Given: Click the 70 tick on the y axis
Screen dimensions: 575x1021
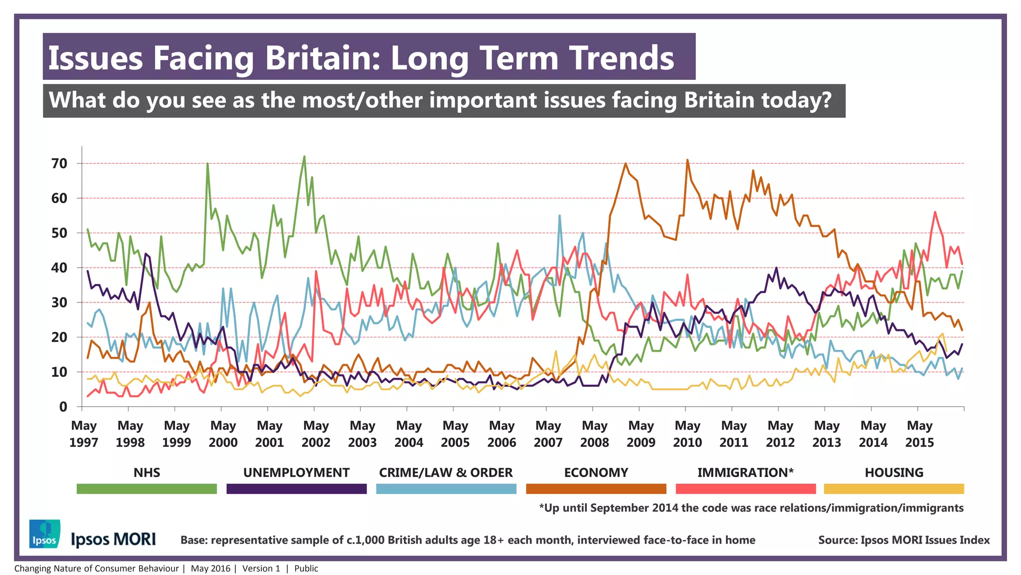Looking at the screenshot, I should coord(59,164).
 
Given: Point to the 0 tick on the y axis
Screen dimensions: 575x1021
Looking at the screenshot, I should coord(63,407).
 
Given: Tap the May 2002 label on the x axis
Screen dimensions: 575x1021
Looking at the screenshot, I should coord(316,434).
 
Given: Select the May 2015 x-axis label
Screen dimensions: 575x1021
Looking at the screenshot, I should coord(919,434).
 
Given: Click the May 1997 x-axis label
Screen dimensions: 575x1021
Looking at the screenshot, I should coord(83,434).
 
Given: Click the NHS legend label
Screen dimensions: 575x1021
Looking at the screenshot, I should coord(147,473).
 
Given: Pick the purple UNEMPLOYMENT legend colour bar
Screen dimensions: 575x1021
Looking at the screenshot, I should coord(296,489).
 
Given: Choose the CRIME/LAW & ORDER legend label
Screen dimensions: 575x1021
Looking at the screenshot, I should coord(446,473).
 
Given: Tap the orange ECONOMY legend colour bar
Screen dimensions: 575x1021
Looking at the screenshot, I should coord(596,489).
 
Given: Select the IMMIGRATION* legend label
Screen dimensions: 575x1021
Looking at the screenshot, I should coord(745,473).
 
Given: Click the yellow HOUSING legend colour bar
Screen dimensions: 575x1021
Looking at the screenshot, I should coord(894,489).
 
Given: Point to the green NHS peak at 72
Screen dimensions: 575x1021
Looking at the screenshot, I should coord(304,157).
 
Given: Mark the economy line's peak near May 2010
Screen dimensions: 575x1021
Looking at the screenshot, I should coord(687,160).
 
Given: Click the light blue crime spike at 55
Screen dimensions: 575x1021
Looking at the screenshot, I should coord(559,216).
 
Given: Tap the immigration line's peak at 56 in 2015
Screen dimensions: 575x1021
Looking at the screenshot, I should coord(935,212).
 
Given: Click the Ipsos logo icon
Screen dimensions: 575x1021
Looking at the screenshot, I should coord(44,534).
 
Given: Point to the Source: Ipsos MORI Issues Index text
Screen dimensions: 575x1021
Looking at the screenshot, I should coord(903,540).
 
